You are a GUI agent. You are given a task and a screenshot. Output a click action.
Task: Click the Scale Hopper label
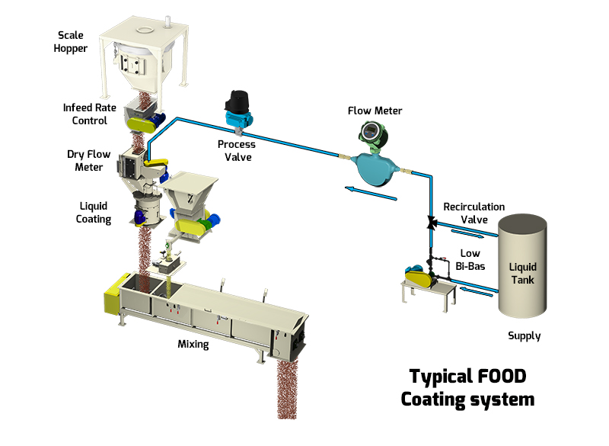click(x=72, y=41)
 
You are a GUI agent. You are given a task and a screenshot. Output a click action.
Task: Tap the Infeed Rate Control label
click(x=90, y=114)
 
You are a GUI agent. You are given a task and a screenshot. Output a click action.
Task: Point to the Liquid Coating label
click(x=94, y=213)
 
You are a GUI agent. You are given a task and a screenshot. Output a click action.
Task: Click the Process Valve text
click(x=236, y=150)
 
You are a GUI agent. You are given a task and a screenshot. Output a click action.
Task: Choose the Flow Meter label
click(x=375, y=111)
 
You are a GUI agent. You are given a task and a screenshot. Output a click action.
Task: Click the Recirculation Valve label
click(x=473, y=213)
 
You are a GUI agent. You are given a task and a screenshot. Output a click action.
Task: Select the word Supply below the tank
click(x=524, y=335)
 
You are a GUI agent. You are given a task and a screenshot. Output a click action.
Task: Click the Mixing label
click(x=193, y=344)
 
